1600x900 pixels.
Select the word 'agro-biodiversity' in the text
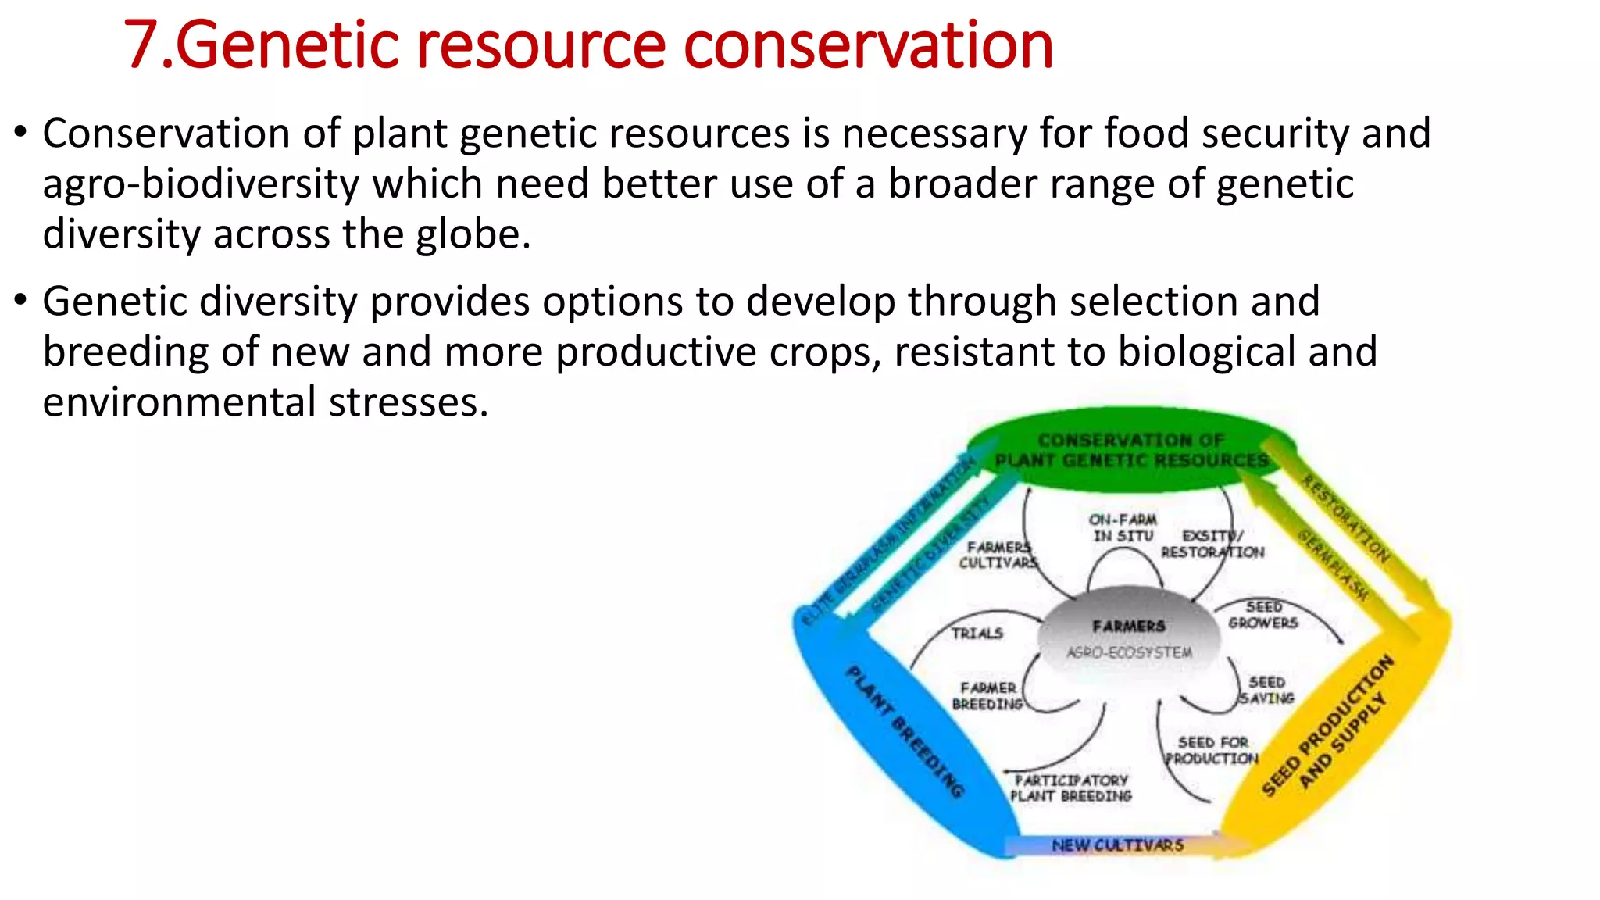(x=200, y=185)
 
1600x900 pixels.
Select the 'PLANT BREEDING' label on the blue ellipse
(x=905, y=730)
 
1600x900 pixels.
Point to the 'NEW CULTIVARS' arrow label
(x=1117, y=845)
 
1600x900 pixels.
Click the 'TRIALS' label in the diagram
(x=977, y=633)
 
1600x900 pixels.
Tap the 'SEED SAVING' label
(x=1266, y=691)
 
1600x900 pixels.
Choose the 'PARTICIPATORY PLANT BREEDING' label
(x=1071, y=787)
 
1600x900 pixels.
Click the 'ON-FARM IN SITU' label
(x=1123, y=527)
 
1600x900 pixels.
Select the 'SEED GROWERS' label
(x=1262, y=615)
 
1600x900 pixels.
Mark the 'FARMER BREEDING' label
(x=987, y=696)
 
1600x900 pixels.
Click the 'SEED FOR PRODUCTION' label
(x=1212, y=750)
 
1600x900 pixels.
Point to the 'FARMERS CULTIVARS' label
(x=998, y=555)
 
